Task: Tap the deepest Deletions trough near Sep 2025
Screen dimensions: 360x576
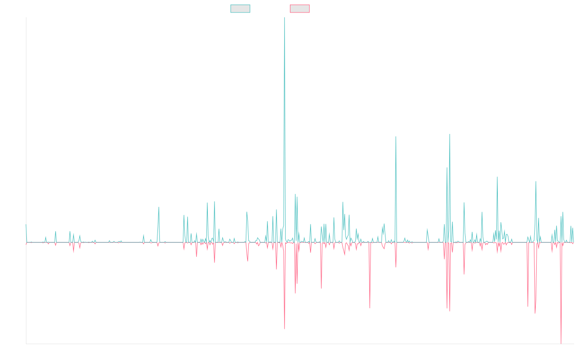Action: point(561,343)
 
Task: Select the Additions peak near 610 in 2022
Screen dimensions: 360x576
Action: point(396,137)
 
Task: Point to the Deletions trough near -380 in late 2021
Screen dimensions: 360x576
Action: point(370,308)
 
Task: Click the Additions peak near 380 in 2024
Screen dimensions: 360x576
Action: point(497,177)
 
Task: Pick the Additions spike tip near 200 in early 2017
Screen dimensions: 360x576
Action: point(158,207)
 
